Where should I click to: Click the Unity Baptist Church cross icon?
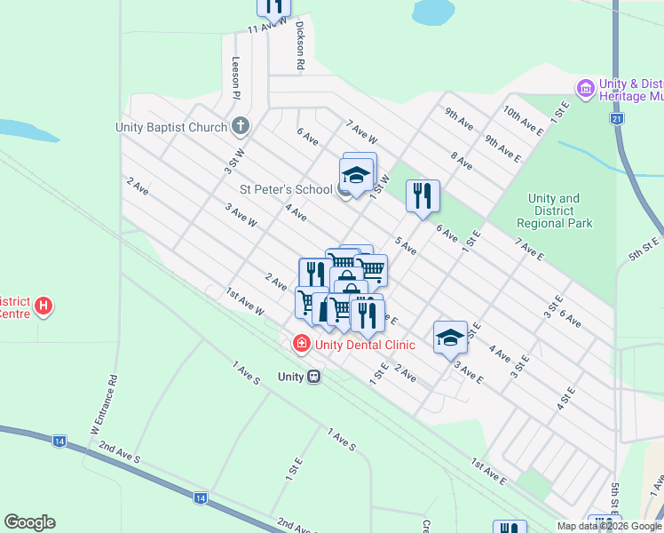[241, 126]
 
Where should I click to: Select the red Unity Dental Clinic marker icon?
[302, 343]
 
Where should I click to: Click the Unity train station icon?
[312, 377]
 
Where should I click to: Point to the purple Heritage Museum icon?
[585, 88]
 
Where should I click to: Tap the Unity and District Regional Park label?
[554, 211]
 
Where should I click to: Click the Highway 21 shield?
[616, 118]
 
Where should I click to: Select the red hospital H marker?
[43, 307]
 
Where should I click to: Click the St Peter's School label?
[287, 189]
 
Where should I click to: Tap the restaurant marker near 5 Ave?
[423, 195]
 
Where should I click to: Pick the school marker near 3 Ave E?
[450, 337]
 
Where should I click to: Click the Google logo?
[29, 522]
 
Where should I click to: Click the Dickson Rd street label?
[300, 45]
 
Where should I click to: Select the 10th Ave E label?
[523, 121]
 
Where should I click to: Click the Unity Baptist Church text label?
[171, 127]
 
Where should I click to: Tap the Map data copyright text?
[610, 526]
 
